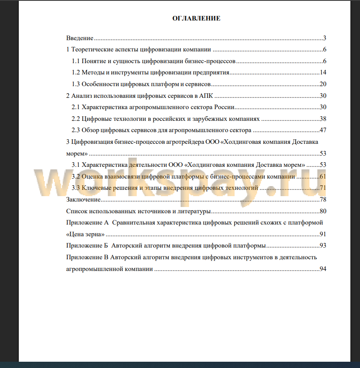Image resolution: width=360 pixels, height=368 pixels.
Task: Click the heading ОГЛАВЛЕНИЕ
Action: (x=197, y=18)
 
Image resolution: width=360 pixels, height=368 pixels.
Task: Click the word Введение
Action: (x=79, y=38)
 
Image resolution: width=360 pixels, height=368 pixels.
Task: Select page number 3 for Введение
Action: (x=324, y=38)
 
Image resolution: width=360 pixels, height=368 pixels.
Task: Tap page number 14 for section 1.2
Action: (x=323, y=72)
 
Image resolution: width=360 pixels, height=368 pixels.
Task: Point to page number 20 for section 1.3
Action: (x=323, y=84)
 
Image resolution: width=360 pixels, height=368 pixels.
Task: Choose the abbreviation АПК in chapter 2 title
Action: (x=205, y=95)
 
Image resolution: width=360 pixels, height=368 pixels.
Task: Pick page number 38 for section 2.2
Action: (x=323, y=118)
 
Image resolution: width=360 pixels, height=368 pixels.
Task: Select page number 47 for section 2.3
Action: (x=323, y=130)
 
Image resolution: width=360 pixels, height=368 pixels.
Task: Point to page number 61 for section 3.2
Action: (x=323, y=176)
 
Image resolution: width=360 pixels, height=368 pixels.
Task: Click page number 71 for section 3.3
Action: (x=323, y=188)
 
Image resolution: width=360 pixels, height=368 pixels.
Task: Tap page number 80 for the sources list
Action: (x=323, y=211)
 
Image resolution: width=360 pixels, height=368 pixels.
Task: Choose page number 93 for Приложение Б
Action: (x=323, y=245)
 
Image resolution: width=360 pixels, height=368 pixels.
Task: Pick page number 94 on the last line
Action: (x=323, y=268)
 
